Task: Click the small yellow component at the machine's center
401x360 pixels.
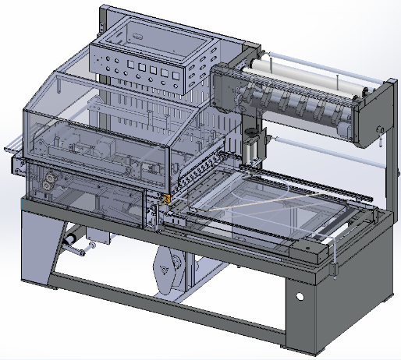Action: coord(166,199)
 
